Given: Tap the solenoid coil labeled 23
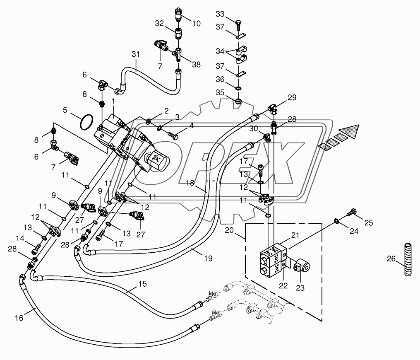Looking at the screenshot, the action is (302, 266).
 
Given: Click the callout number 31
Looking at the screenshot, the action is (136, 54).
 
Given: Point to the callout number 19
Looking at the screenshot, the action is (208, 258).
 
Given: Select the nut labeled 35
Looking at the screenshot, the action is (238, 101).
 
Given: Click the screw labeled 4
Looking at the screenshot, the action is (173, 135).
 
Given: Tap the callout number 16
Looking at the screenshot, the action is (19, 318).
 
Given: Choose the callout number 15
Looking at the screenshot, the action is (143, 284).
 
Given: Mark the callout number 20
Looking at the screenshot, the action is (229, 230).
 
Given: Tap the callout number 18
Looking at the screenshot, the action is (190, 183).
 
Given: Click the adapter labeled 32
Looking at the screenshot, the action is (178, 34).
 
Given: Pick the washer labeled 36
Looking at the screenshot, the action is (238, 88).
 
